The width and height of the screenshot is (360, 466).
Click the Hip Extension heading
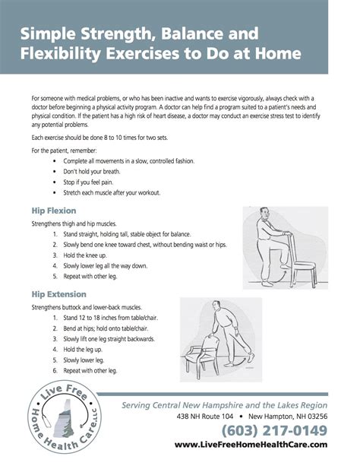click(x=58, y=293)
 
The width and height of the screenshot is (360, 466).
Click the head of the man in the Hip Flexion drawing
click(x=264, y=214)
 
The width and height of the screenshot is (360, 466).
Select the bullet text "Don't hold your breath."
click(x=95, y=172)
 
